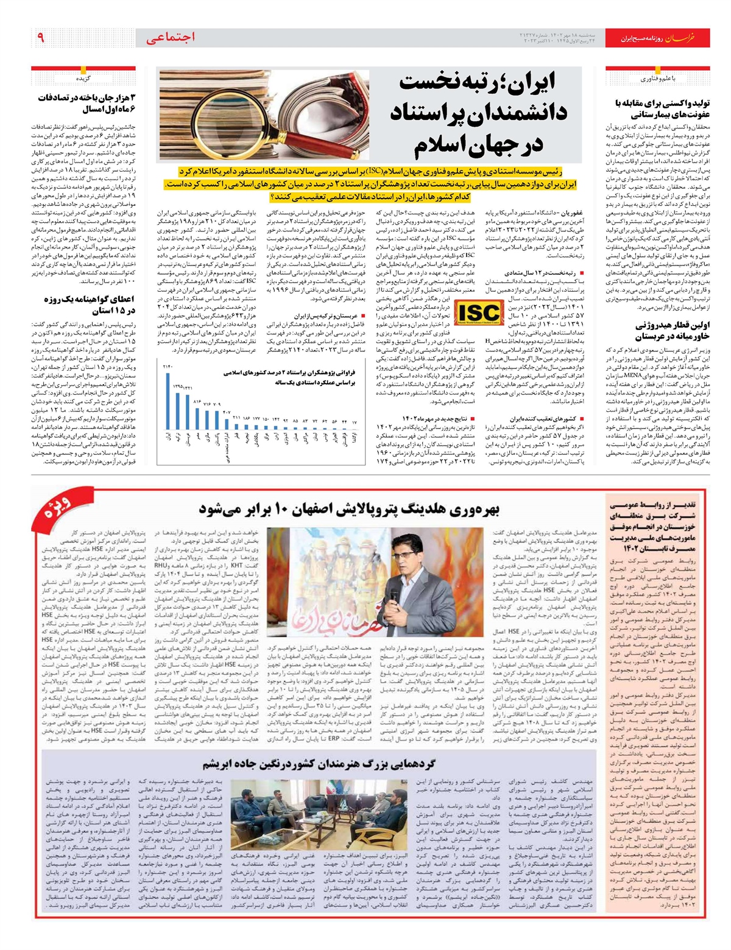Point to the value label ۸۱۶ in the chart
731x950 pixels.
[197, 403]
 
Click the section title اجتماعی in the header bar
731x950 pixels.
[171, 38]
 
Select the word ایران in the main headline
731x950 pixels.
[536, 82]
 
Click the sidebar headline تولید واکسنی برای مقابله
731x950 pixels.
[652, 108]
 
